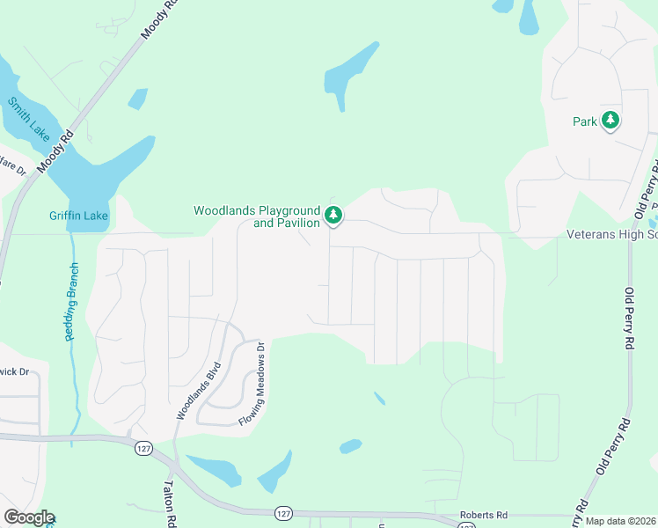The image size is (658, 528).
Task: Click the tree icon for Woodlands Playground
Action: pyautogui.click(x=333, y=214)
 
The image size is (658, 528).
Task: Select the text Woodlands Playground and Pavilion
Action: pyautogui.click(x=256, y=216)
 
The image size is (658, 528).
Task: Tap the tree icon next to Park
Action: pyautogui.click(x=610, y=121)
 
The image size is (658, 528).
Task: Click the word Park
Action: pyautogui.click(x=585, y=121)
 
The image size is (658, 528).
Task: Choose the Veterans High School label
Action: pyautogui.click(x=611, y=234)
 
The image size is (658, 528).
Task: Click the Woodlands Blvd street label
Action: pyautogui.click(x=195, y=391)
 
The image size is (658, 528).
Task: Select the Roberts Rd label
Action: pyautogui.click(x=484, y=515)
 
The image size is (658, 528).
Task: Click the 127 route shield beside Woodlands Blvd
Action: pyautogui.click(x=143, y=449)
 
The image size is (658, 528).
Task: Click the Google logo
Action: pyautogui.click(x=29, y=517)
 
